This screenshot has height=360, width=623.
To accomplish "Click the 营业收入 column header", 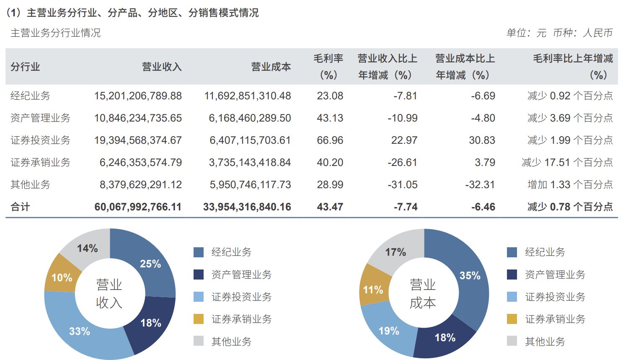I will (x=161, y=67).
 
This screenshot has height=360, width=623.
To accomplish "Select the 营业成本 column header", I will (x=271, y=67).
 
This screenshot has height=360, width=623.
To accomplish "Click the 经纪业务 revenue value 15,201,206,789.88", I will (x=138, y=96).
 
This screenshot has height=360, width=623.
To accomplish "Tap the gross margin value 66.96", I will (x=330, y=140).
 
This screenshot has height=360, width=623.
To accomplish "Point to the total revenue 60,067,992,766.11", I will (x=138, y=207).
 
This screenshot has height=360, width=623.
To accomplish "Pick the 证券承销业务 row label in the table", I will (x=40, y=162).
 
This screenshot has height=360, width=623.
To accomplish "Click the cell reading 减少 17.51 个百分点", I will (x=567, y=162).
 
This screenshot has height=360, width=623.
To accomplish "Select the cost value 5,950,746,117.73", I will (x=250, y=184).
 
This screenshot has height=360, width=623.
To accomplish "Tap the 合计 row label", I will (x=20, y=207).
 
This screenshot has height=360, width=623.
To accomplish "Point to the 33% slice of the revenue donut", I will (x=80, y=331).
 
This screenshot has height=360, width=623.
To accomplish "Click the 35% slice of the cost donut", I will (x=470, y=275).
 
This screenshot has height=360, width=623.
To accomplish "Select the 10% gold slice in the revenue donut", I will (x=62, y=277).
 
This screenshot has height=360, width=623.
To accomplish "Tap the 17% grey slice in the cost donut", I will (x=396, y=252).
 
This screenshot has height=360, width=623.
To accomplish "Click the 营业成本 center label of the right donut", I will (x=423, y=294).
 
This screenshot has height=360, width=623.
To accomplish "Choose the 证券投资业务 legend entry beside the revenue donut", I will (x=241, y=297).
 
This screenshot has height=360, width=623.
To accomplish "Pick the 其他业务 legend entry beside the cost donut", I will (x=545, y=341).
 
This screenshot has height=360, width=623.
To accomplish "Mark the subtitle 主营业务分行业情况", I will (x=55, y=33).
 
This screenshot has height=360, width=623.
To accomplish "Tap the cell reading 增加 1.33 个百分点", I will (x=570, y=184).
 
